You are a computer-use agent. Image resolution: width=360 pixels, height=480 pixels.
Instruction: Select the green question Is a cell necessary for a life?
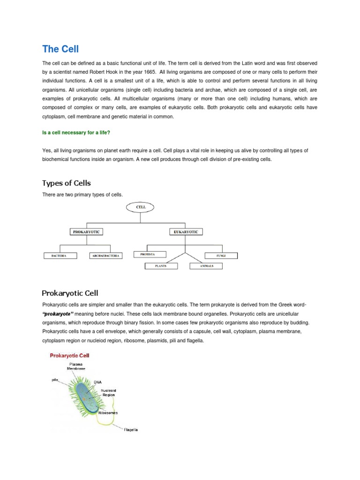[x=76, y=132]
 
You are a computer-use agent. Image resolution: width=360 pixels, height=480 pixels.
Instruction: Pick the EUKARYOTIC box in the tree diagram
[x=186, y=232]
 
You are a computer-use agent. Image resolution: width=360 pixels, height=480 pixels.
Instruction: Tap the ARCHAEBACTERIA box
[x=105, y=256]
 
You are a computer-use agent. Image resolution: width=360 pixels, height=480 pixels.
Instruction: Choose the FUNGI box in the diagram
[x=221, y=256]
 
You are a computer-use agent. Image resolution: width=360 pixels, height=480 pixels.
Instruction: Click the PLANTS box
[x=161, y=266]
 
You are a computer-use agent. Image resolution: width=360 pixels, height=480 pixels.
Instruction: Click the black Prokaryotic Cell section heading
[x=70, y=293]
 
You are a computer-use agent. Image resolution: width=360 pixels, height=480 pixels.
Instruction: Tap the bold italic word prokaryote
[x=58, y=314]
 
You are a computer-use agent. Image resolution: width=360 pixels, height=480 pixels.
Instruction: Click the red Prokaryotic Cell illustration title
[x=69, y=356]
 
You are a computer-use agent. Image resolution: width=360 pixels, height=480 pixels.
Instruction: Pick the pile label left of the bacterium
[x=56, y=380]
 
